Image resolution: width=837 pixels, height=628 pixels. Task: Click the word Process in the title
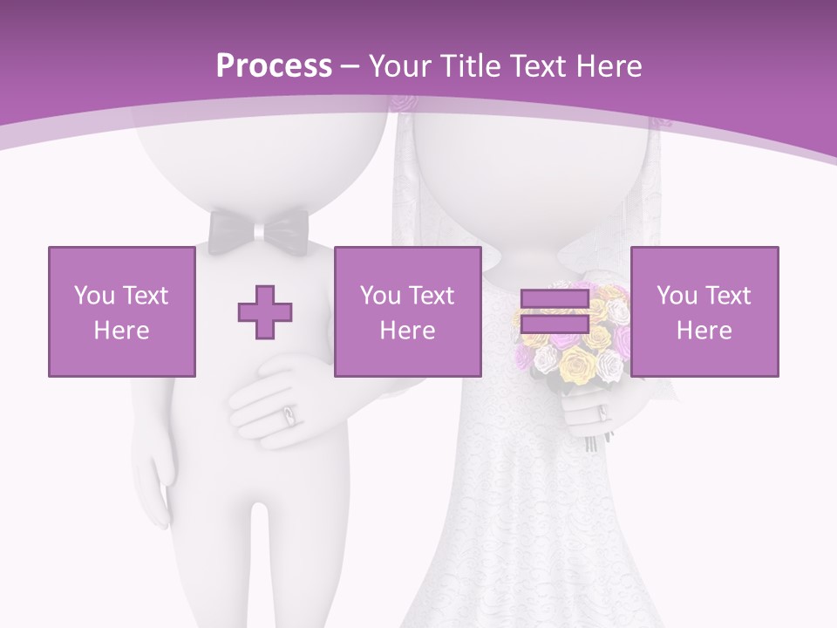[x=274, y=65]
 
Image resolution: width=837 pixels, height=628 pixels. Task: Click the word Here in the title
[x=608, y=65]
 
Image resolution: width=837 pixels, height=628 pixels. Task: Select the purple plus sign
[x=265, y=312]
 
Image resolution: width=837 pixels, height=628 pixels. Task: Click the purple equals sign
[x=555, y=312]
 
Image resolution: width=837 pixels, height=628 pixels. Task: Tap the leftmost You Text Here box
[x=122, y=312]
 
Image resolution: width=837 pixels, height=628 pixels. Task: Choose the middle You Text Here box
[x=407, y=312]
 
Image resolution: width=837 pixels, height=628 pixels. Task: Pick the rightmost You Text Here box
[x=704, y=312]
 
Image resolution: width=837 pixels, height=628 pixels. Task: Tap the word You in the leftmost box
[x=92, y=296]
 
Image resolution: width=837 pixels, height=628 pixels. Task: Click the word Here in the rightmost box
[x=704, y=331]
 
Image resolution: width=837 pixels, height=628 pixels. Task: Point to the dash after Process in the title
[x=350, y=66]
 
